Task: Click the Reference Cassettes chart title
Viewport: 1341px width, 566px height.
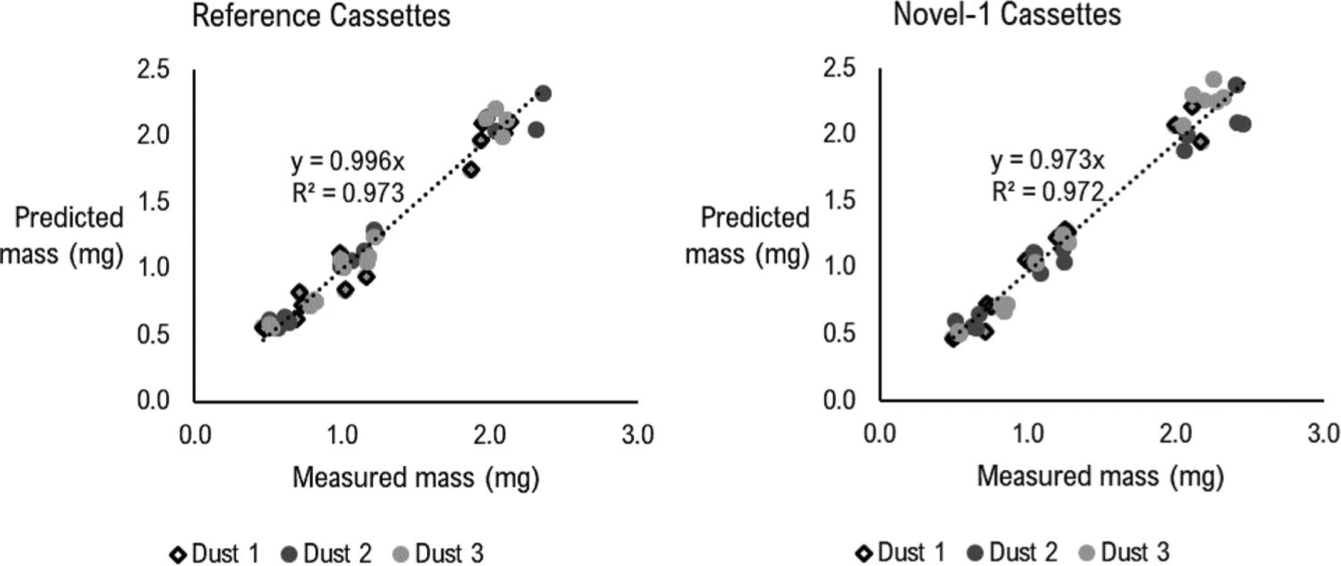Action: click(x=321, y=16)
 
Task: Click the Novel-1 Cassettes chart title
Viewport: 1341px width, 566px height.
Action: click(x=1006, y=15)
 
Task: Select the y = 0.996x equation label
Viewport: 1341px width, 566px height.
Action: click(x=347, y=161)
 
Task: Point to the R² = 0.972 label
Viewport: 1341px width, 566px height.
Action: click(x=1047, y=192)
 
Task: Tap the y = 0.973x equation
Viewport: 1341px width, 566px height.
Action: click(x=1047, y=160)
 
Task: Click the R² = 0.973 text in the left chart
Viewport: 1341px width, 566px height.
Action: click(x=347, y=193)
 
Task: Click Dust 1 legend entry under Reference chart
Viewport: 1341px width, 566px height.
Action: click(x=215, y=553)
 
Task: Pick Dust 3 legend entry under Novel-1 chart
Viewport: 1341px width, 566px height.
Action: click(x=1124, y=552)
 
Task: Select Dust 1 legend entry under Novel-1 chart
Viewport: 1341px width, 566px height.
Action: click(x=901, y=552)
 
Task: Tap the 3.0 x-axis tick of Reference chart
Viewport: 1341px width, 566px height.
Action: click(x=637, y=434)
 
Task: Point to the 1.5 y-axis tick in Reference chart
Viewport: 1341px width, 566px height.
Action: click(x=153, y=202)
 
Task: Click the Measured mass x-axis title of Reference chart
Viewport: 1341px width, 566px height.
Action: click(x=415, y=477)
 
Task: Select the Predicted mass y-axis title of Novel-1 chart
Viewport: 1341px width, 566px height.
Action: click(x=747, y=235)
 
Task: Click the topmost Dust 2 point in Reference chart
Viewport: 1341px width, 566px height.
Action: click(x=543, y=94)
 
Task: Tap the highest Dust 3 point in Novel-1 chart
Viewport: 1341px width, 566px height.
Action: click(x=1213, y=80)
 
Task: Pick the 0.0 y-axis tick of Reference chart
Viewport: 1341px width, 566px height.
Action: click(x=153, y=401)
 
